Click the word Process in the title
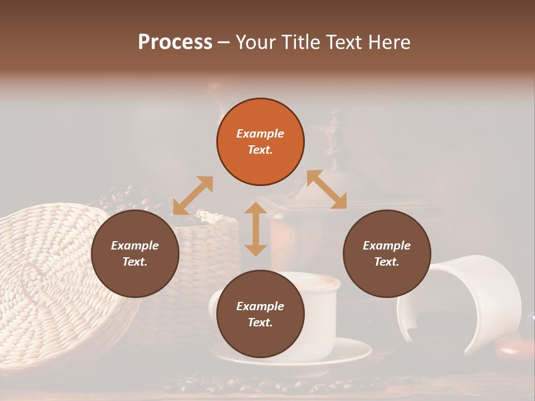click(x=175, y=42)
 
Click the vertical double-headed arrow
click(x=256, y=229)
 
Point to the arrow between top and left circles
click(x=193, y=195)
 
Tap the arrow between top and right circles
click(x=327, y=189)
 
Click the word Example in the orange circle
click(x=260, y=134)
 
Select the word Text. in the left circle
click(x=135, y=262)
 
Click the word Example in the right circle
click(x=387, y=246)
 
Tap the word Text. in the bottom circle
click(x=260, y=322)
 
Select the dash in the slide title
click(x=224, y=42)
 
